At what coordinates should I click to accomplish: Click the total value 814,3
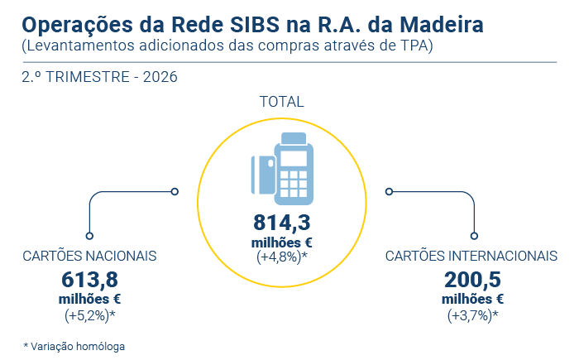point(282,223)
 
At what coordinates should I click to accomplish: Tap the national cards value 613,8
point(89,280)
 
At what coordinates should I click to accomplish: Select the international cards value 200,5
point(472,280)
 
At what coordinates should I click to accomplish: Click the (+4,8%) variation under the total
point(282,257)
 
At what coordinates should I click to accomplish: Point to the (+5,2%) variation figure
point(89,315)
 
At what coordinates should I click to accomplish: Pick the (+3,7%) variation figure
point(472,315)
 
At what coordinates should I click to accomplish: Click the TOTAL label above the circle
point(282,102)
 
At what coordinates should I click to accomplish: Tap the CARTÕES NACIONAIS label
point(89,256)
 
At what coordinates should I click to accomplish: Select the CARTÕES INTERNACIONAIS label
point(471,256)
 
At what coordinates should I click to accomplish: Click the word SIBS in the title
point(255,25)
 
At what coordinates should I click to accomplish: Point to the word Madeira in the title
point(441,25)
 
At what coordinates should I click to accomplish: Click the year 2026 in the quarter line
point(160,77)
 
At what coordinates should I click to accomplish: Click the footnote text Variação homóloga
point(78,346)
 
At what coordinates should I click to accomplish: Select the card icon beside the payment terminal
point(263,175)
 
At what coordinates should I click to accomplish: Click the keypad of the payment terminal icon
point(294,184)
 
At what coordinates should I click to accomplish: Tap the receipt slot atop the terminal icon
point(294,138)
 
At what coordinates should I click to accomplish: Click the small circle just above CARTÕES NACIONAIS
point(89,236)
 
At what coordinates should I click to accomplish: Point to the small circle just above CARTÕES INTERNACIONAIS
point(474,236)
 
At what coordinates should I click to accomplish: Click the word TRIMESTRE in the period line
point(88,77)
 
